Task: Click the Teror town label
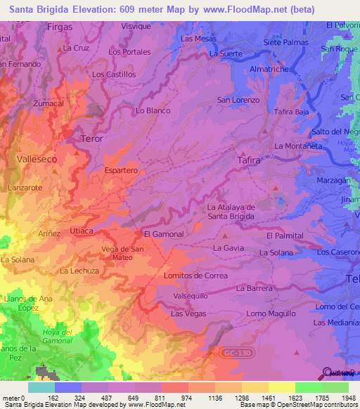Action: click(x=91, y=138)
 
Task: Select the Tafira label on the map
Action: click(x=249, y=160)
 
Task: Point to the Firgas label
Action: click(x=59, y=26)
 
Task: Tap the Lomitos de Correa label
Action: click(x=195, y=276)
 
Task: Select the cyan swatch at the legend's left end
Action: click(x=41, y=387)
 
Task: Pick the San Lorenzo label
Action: click(x=238, y=100)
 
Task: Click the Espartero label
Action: click(x=120, y=171)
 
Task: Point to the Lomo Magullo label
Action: click(x=267, y=313)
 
